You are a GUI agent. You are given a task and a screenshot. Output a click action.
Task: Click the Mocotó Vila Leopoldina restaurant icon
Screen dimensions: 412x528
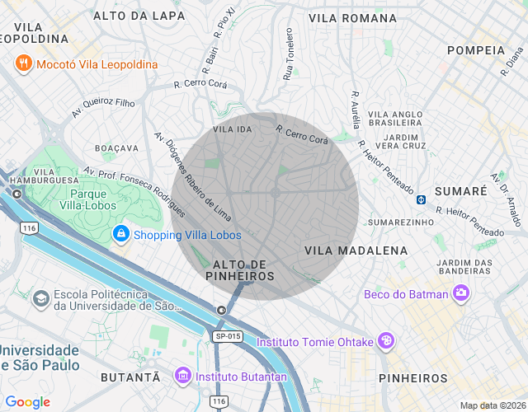click(23, 63)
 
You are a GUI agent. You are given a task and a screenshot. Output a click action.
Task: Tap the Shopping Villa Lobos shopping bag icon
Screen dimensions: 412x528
click(121, 235)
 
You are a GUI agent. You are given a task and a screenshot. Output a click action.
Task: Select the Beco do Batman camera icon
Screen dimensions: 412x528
click(460, 293)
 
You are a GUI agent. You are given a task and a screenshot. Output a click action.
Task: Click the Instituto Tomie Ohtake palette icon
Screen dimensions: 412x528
click(385, 341)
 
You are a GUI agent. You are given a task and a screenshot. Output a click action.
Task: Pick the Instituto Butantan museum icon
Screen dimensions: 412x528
click(183, 377)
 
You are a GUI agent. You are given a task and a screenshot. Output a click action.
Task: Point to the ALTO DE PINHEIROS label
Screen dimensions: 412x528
click(239, 269)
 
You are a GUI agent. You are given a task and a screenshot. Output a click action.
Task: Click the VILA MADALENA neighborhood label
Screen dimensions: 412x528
click(356, 250)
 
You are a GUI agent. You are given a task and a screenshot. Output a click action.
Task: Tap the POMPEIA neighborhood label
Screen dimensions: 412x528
click(475, 50)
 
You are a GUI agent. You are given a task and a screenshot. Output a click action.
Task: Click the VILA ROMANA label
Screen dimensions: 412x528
click(352, 17)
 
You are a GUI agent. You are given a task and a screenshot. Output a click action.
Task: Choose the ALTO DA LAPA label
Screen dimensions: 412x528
click(139, 16)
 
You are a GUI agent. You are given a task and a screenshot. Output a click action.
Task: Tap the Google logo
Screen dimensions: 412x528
click(28, 401)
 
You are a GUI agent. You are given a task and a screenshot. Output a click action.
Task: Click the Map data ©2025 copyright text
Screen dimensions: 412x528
click(492, 405)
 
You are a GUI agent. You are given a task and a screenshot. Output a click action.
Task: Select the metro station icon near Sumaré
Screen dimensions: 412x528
click(421, 199)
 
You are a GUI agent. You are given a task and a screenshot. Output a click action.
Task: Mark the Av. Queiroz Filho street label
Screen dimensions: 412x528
click(103, 107)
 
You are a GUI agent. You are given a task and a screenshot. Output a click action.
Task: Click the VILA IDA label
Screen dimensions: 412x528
click(232, 130)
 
